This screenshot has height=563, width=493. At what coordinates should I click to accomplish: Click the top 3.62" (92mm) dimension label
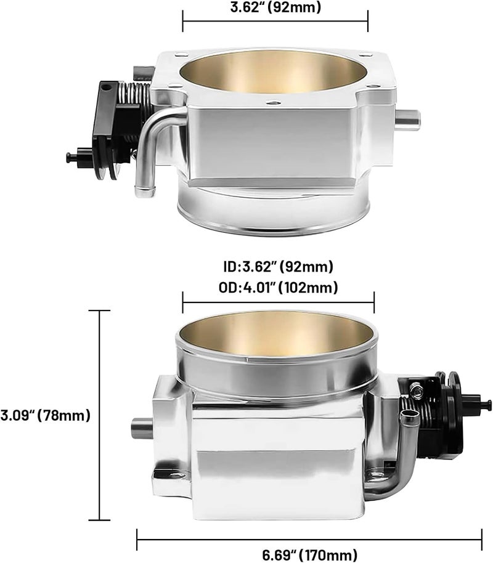coord(275,7)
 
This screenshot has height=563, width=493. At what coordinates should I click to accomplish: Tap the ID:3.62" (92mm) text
coord(278,267)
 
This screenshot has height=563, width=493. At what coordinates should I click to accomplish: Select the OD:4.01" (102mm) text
coord(278,288)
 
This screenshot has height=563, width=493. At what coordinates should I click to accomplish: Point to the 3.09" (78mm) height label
coord(45,415)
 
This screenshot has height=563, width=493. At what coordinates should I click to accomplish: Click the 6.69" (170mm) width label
coord(309,555)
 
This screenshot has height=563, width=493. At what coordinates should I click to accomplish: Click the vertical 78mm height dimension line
coord(99,415)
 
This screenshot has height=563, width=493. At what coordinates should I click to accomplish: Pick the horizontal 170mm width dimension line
coord(309,540)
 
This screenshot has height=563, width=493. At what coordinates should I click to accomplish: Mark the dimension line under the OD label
coord(279,302)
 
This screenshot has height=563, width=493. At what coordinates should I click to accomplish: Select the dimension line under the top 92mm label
coord(275,21)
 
